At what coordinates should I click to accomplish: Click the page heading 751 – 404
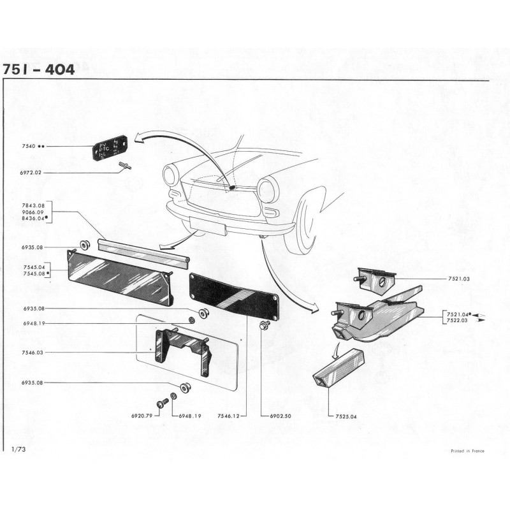(x=39, y=69)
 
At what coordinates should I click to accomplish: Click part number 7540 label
(x=28, y=146)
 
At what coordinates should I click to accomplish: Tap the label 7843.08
(x=32, y=205)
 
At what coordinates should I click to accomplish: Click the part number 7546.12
(x=228, y=416)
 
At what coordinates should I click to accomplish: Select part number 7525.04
(x=345, y=416)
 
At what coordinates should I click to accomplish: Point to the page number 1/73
(x=17, y=450)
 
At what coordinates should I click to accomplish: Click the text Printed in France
(x=467, y=451)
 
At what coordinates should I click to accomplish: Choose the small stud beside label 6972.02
(x=124, y=167)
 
